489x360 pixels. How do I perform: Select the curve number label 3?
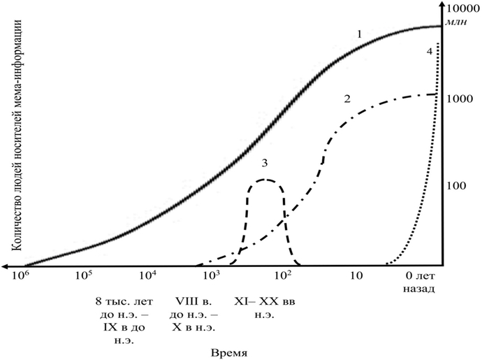tap(265, 163)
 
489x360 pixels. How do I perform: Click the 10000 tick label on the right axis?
tap(462, 8)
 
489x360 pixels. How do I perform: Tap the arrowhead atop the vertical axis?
tap(441, 6)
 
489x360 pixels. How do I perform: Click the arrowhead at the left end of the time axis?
tap(6, 266)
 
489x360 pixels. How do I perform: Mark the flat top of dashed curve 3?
tap(265, 180)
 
